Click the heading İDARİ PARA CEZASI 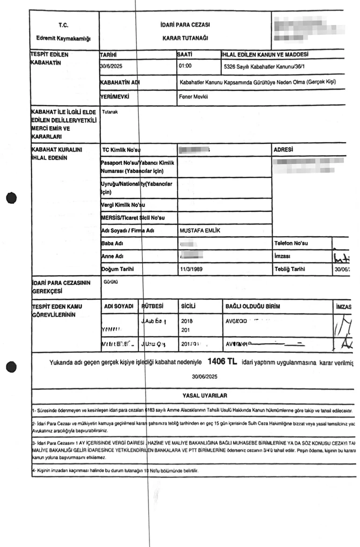click(185, 24)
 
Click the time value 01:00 click(186, 66)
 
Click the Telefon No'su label click(291, 244)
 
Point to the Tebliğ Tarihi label click(290, 270)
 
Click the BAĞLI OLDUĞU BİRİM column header click(253, 306)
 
